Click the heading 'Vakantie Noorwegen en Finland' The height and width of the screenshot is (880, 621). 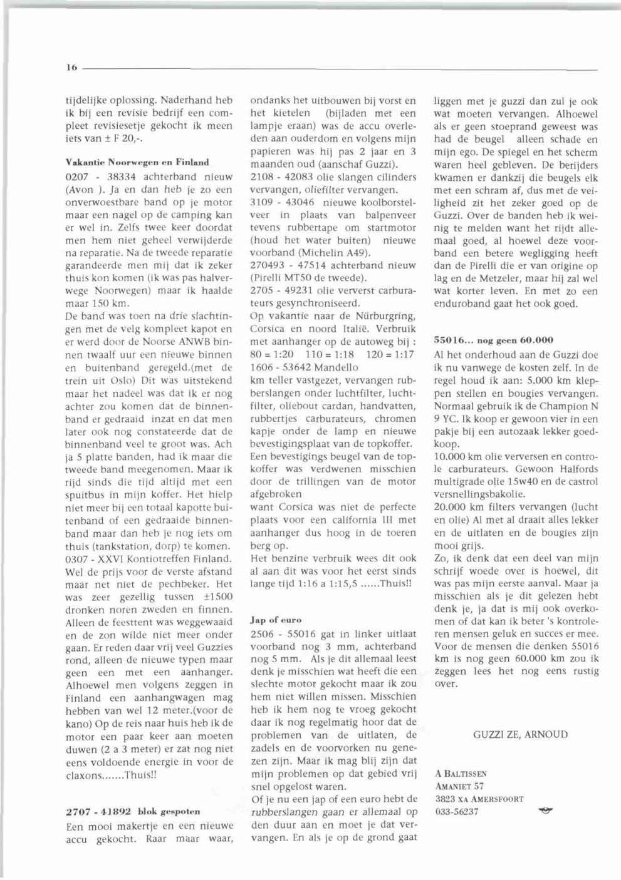pos(137,162)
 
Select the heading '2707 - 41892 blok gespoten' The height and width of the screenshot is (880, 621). pos(132,812)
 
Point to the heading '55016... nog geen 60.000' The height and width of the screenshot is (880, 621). pos(494,340)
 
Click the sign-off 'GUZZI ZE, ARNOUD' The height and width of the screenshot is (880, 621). pos(520,734)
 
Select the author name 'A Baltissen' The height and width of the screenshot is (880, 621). pos(461,774)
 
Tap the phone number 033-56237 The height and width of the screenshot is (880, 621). pos(456,811)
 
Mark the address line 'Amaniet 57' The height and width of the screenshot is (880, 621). pos(459,786)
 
